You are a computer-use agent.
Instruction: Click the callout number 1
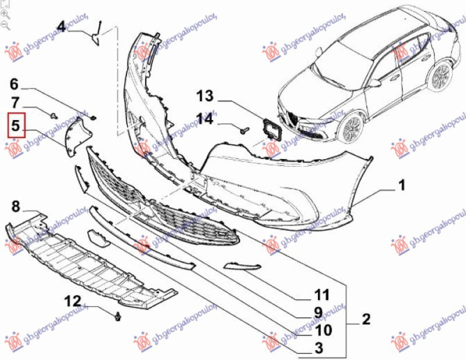tap(401, 186)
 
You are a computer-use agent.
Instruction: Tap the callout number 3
tap(318, 347)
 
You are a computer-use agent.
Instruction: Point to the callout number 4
tap(61, 27)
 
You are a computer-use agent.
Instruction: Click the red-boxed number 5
tap(15, 126)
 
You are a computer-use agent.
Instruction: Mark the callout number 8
tap(15, 206)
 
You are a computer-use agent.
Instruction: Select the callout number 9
tap(318, 312)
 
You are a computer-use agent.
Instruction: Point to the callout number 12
tap(73, 301)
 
